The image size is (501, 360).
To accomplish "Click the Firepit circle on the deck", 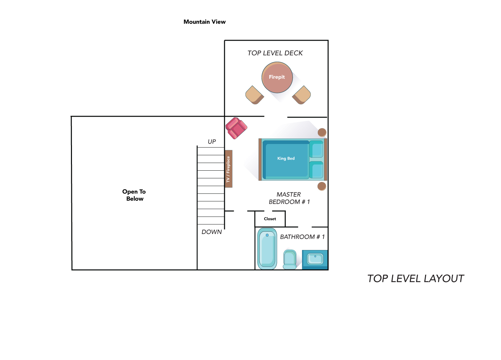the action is pos(277,77).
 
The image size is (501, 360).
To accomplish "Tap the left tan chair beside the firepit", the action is pos(254,95).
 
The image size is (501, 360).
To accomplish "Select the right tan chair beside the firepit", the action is pos(301,95).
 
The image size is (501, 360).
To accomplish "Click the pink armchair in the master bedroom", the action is pos(236,128).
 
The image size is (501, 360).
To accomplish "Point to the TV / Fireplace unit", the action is pos(229,169).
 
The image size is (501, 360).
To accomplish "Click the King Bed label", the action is pos(286,158).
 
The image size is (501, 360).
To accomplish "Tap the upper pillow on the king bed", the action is pos(316,149).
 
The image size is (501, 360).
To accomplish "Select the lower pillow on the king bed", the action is pos(316,170).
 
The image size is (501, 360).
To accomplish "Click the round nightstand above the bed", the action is pos(322,132).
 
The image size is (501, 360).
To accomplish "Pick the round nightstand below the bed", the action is pos(322,186).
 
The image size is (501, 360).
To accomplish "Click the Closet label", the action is pos(270,219).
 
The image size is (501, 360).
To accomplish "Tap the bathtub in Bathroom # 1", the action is pos(267,249).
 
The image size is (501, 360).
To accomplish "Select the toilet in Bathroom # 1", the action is pos(290,259).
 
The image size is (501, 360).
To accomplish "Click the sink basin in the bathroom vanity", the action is pos(315,259).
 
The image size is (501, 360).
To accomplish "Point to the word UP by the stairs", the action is pos(212,142).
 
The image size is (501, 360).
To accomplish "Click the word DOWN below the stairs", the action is pos(212,232).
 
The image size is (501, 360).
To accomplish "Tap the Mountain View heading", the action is pos(205,22).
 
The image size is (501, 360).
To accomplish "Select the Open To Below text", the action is pos(134,195).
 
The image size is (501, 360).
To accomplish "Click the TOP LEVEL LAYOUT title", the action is pos(416,279).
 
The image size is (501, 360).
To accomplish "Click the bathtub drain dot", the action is pos(267,235).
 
